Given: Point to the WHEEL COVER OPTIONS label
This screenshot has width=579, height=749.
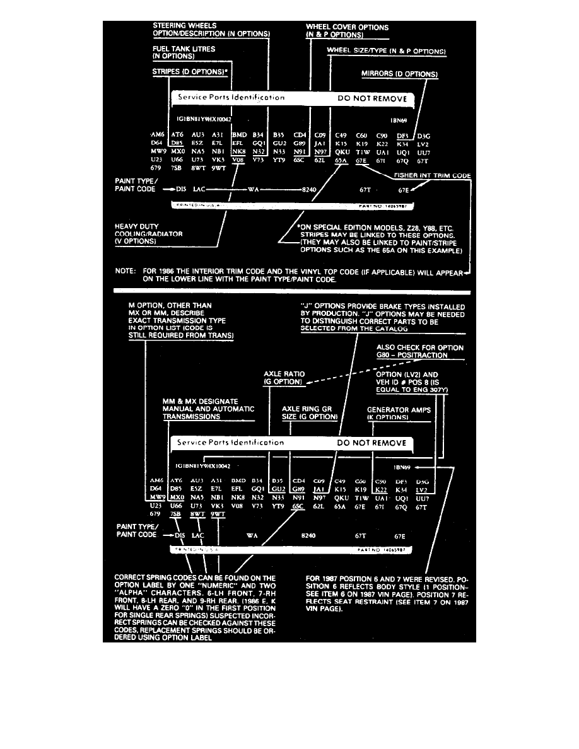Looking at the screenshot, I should [x=347, y=28].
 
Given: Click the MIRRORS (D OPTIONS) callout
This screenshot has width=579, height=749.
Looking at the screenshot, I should [x=399, y=74].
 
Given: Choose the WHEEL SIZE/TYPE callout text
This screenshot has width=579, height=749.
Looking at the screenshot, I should [x=387, y=50].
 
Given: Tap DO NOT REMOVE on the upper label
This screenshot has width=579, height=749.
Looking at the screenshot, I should [x=373, y=98].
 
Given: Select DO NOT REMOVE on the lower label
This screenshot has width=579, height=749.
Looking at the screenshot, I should [x=372, y=443].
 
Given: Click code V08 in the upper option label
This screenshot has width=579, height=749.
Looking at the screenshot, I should [x=238, y=161].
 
